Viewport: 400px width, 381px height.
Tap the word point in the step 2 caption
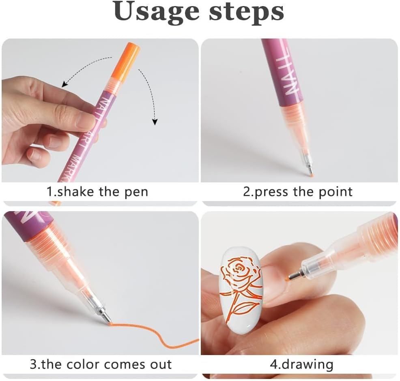click(333, 191)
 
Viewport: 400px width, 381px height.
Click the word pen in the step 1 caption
click(136, 191)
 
